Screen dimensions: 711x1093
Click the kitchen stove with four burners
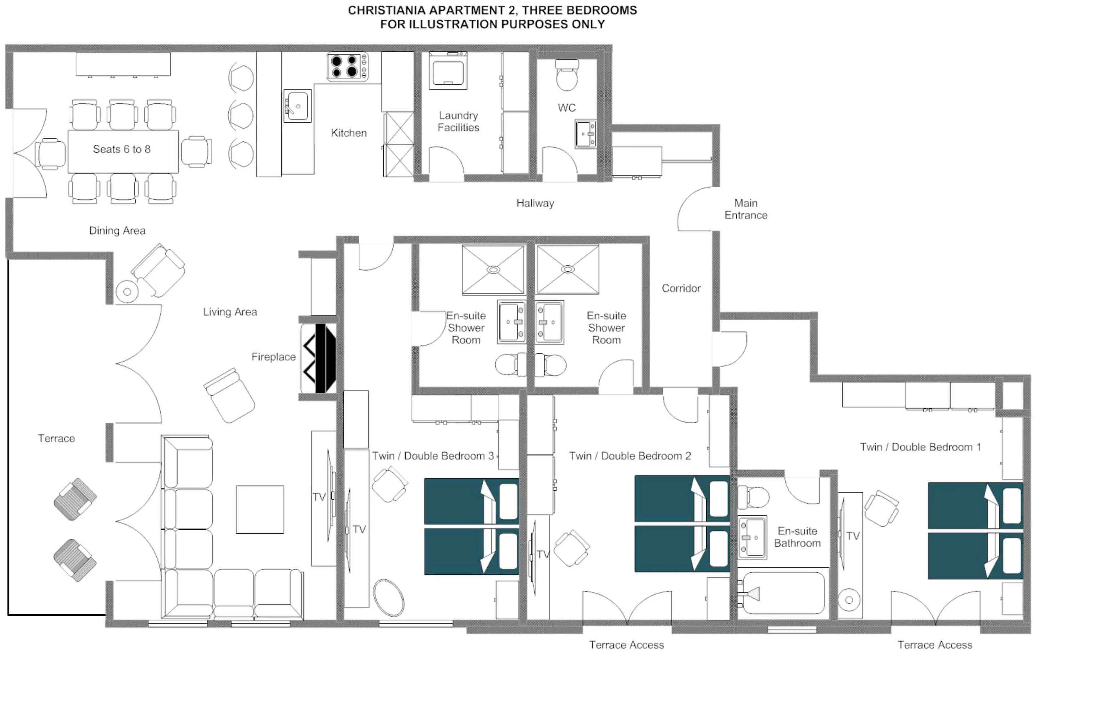pyautogui.click(x=347, y=67)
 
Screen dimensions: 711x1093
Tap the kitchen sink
pyautogui.click(x=297, y=106)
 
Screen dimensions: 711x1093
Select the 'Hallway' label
pyautogui.click(x=535, y=203)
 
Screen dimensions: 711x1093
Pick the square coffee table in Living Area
pyautogui.click(x=260, y=509)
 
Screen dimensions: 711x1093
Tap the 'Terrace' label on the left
pyautogui.click(x=56, y=438)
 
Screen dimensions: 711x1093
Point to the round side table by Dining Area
pyautogui.click(x=127, y=292)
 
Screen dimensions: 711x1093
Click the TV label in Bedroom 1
pyautogui.click(x=852, y=536)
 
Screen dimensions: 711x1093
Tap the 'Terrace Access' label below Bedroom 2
pyautogui.click(x=626, y=645)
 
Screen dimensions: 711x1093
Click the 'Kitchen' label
pyautogui.click(x=349, y=133)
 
